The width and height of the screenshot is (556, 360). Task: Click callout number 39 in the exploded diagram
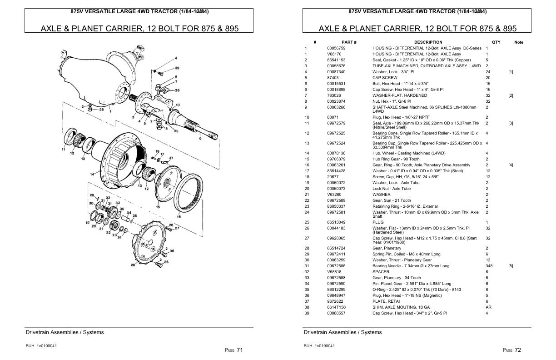point(177,68)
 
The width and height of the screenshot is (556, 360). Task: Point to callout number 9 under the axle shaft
point(200,139)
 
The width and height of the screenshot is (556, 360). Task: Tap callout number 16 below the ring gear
point(179,217)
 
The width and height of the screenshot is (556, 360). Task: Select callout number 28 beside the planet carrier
point(133,265)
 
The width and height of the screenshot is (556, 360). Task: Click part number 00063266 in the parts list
point(336,107)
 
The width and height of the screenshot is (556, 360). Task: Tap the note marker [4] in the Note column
point(511,165)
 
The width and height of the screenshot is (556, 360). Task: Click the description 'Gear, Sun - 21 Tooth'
point(392,200)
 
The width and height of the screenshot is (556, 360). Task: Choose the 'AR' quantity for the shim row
point(488,307)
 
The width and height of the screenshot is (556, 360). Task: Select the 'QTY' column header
point(496,42)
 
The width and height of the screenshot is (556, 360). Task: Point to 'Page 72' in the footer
point(512,350)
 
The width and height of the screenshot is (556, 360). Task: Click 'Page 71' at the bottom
point(234,350)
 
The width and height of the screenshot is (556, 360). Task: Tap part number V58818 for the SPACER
point(333,272)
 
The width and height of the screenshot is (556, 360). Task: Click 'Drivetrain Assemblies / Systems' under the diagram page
point(65,332)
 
